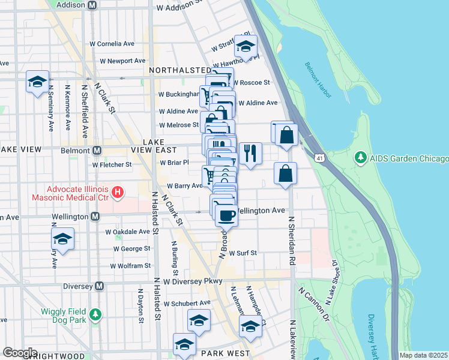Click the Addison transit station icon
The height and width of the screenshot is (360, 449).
coord(92,5)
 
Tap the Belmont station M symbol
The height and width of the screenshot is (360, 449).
coord(95,149)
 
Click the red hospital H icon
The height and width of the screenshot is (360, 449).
coord(118,193)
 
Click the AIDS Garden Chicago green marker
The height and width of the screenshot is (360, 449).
coord(361,158)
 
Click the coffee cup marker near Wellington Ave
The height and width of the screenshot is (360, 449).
coord(226,215)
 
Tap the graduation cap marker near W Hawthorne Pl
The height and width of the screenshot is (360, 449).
coord(245,46)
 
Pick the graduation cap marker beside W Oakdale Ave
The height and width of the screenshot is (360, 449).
coord(62,239)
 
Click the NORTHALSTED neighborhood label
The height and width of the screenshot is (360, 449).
coord(180,70)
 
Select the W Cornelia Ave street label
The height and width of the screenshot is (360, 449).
coord(112,44)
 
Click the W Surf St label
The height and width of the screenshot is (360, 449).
coord(243,253)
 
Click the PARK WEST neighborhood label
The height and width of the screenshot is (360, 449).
coord(224,353)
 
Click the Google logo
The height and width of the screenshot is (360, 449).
coord(19,353)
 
